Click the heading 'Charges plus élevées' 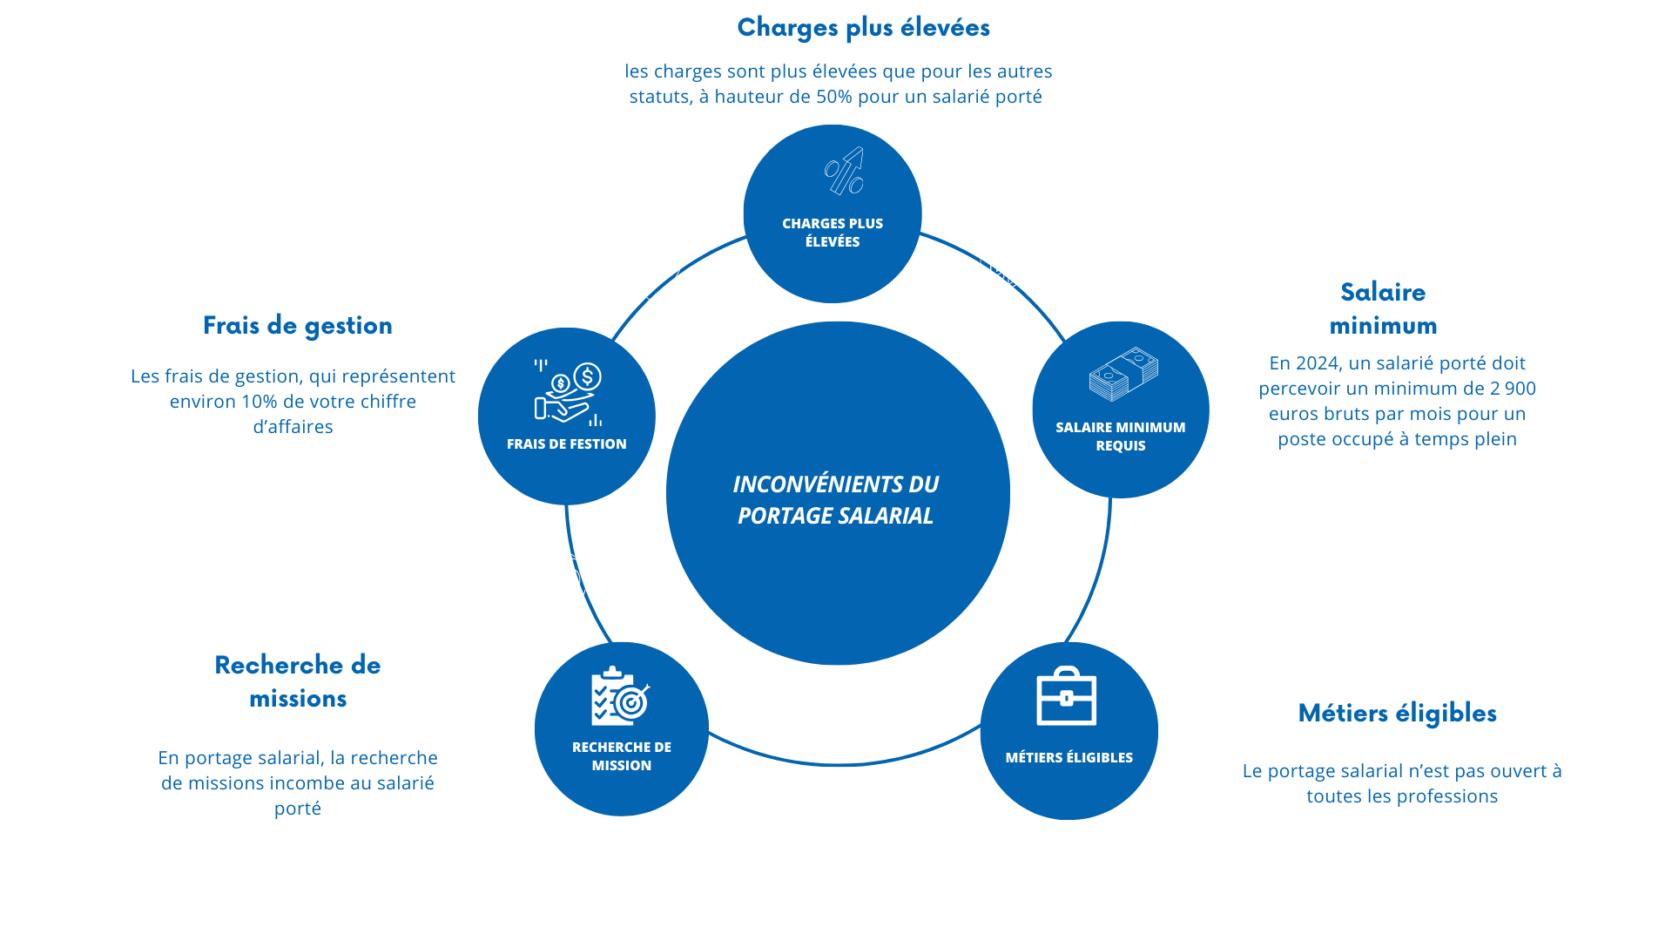tap(863, 28)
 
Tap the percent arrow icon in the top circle tap(845, 171)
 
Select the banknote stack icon tap(1123, 375)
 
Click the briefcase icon tap(1067, 696)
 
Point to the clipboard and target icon tap(620, 697)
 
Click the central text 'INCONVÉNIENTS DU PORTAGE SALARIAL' tap(836, 499)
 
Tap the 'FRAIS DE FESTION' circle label tap(567, 444)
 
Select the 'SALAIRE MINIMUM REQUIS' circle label tap(1121, 437)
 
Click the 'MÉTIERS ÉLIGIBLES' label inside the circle tap(1069, 758)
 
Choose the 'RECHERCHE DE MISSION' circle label tap(622, 756)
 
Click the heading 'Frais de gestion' tap(298, 326)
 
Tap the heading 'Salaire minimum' tap(1383, 308)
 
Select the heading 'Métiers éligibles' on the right tap(1397, 714)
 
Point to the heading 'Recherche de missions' tap(298, 681)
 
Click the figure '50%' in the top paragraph tap(834, 97)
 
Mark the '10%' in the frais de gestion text tap(259, 402)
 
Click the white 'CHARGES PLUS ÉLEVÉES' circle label tap(833, 233)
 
